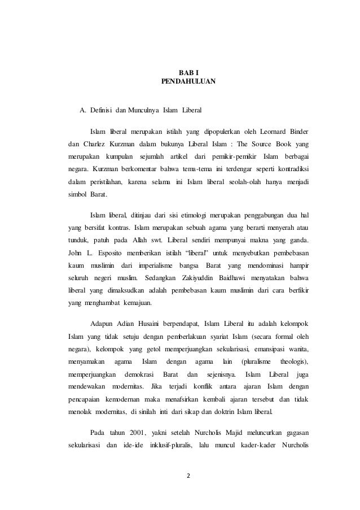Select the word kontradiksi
[298, 169]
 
